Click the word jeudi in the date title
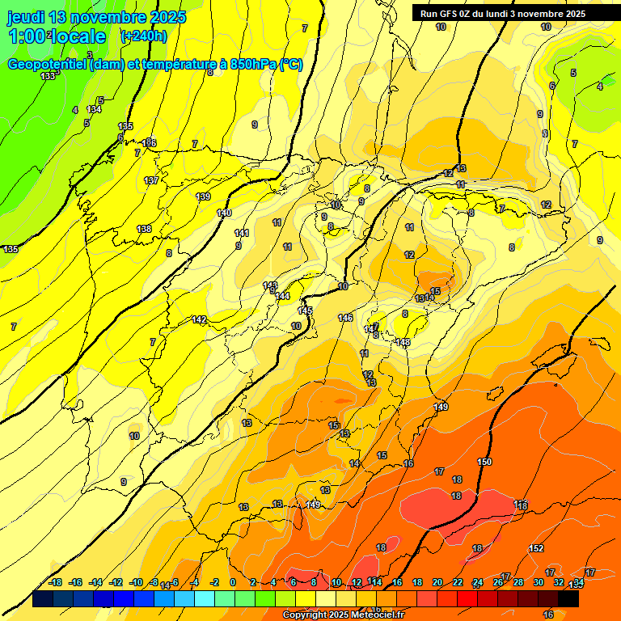(27, 16)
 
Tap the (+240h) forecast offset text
(144, 36)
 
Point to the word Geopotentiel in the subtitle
(47, 65)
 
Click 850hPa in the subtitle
(253, 65)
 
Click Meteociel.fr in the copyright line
(377, 615)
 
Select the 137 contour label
(151, 180)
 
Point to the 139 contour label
(203, 196)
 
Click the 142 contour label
(199, 319)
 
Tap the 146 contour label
(345, 318)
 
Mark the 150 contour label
(484, 462)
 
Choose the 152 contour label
(536, 548)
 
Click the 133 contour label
(48, 76)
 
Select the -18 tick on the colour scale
(56, 582)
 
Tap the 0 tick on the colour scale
(233, 582)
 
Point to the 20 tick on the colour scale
(437, 582)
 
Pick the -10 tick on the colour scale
(136, 582)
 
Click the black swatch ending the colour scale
(568, 599)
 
